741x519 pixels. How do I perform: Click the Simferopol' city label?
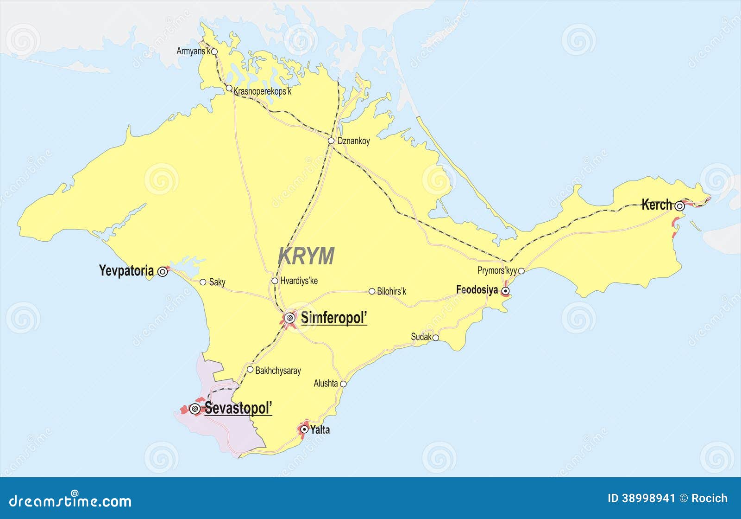click(333, 318)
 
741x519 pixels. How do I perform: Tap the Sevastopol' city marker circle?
click(195, 409)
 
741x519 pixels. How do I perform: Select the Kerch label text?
click(656, 205)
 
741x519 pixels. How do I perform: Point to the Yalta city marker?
click(304, 429)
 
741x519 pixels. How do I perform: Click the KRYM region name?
click(306, 256)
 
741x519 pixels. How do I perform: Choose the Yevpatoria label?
click(126, 271)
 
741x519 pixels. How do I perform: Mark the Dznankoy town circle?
click(331, 141)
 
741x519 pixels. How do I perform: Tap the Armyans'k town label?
click(193, 51)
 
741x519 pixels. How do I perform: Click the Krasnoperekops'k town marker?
click(229, 88)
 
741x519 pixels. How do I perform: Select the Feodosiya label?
click(477, 290)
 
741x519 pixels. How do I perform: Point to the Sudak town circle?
click(436, 338)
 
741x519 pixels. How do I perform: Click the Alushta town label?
click(326, 384)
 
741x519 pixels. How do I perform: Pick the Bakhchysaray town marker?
click(250, 370)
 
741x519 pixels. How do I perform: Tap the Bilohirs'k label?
click(391, 291)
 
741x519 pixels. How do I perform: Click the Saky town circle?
click(203, 282)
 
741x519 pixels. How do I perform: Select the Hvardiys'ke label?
click(299, 281)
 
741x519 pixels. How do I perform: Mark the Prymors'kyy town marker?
click(521, 271)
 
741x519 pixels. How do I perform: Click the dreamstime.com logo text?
click(70, 501)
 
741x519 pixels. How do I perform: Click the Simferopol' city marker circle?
click(290, 318)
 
